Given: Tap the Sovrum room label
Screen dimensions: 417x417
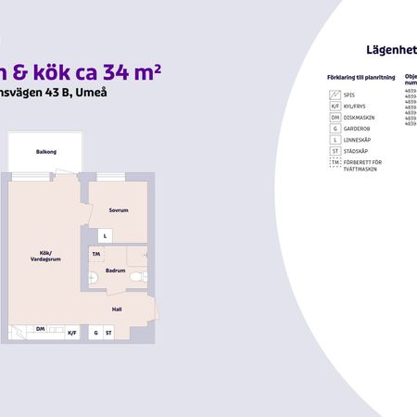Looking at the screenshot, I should [117, 210].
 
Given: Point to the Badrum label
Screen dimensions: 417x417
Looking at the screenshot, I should [115, 271].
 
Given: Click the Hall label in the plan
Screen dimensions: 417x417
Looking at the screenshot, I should [117, 310].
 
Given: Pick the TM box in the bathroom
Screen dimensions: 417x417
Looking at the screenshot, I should [95, 253].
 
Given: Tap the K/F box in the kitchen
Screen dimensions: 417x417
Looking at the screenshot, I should [72, 331].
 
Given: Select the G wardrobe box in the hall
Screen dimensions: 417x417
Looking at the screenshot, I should [95, 332].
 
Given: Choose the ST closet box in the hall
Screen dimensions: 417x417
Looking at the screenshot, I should [108, 332].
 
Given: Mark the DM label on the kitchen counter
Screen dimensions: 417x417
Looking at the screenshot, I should [41, 328].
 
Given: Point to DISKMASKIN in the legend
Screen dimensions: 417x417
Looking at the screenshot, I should [360, 119].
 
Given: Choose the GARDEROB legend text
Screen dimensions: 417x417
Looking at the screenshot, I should [359, 130].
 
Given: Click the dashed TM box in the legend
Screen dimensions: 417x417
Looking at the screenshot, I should [335, 163].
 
